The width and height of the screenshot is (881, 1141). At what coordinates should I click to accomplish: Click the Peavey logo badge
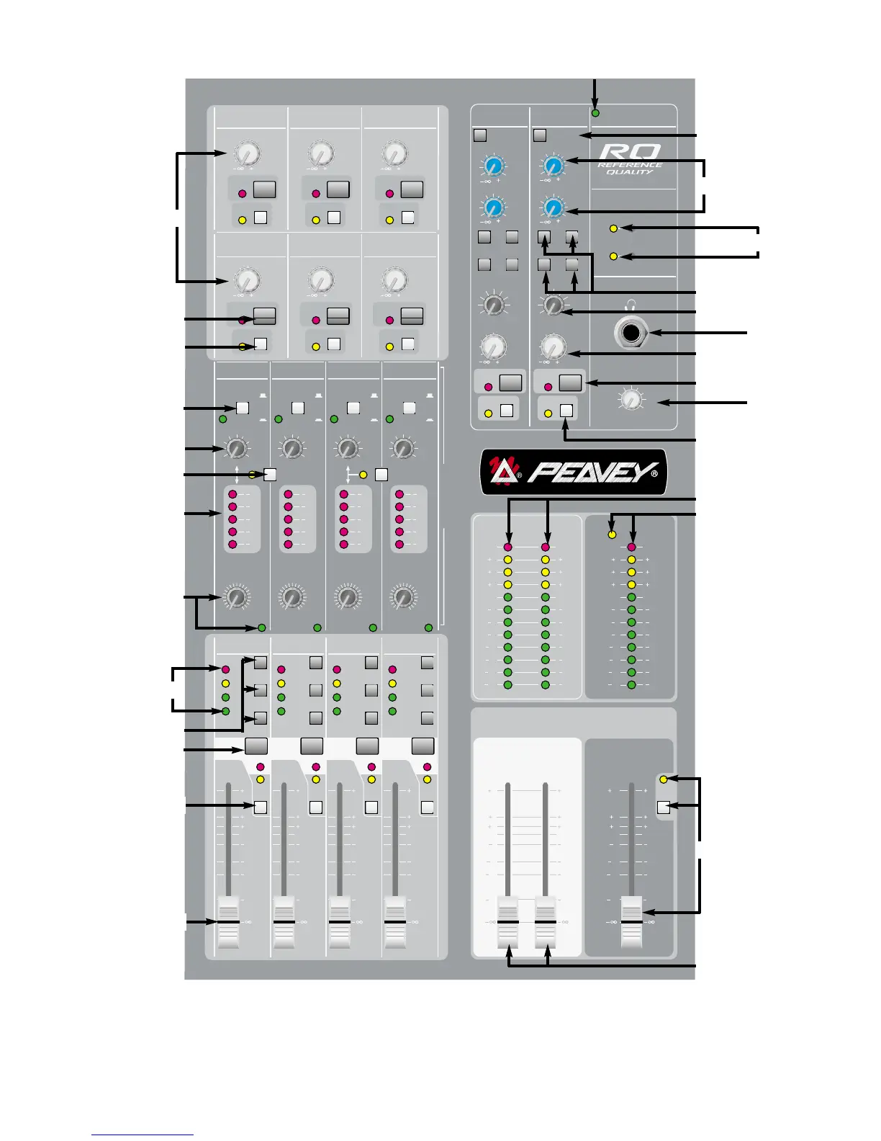coord(574,472)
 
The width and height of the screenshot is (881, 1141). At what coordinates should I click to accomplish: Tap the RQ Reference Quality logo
coord(630,159)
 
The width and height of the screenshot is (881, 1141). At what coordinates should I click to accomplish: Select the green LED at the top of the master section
coord(595,113)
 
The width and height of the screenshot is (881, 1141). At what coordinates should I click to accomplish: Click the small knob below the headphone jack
coord(631,400)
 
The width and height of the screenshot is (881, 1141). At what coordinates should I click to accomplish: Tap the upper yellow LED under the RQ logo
coord(613,228)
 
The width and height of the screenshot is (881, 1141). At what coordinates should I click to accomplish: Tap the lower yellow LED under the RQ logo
coord(613,256)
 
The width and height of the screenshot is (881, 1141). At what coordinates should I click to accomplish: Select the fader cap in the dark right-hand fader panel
coord(631,922)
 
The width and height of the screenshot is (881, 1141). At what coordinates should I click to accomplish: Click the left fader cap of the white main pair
coord(507,922)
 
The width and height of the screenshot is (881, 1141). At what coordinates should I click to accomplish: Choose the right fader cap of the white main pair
coord(546,922)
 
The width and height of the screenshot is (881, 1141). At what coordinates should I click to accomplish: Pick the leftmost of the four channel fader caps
coord(228,922)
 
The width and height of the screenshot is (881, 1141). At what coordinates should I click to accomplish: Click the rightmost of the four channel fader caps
coord(395,922)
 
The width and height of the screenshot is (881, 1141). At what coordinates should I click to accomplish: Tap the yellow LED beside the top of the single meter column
coord(612,534)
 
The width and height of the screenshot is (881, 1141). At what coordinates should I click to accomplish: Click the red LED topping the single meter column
coord(631,547)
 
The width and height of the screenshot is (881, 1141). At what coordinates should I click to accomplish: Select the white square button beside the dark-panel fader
coord(664,807)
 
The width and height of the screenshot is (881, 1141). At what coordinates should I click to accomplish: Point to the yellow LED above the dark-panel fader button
coord(664,779)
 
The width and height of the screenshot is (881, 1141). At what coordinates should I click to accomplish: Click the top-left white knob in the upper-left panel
coord(247,153)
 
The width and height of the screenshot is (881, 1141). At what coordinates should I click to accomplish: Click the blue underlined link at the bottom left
coord(143,1135)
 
